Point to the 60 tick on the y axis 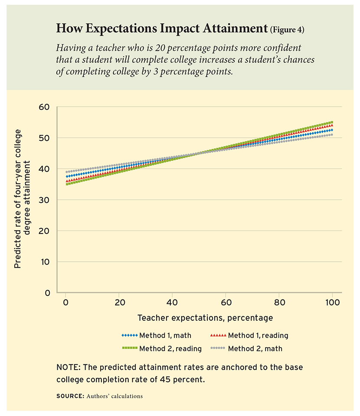click(x=45, y=107)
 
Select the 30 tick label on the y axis click(x=45, y=200)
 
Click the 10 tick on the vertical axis click(x=45, y=262)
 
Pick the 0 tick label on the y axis click(x=48, y=293)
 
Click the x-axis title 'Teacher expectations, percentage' click(x=205, y=318)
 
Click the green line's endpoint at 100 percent click(x=332, y=122)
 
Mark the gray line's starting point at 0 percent click(x=66, y=172)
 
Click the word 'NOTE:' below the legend click(x=68, y=367)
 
